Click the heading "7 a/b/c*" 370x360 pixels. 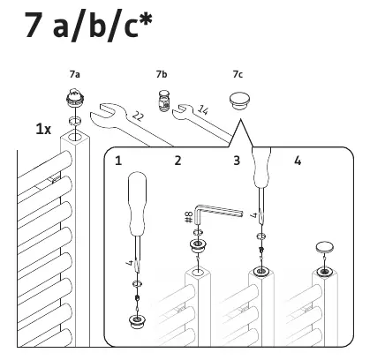coord(89,26)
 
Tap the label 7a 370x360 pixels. coord(75,74)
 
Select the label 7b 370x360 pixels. coord(162,74)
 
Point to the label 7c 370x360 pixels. coord(238,74)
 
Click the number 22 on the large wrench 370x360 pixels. coord(138,116)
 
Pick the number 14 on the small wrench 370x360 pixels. coord(203,109)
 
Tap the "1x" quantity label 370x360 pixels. coord(43,129)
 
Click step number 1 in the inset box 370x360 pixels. coord(118,161)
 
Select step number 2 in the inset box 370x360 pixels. coord(177,161)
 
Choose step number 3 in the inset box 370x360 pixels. coord(237,161)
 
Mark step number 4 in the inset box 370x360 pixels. coord(298,161)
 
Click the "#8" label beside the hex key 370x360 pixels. coord(189,217)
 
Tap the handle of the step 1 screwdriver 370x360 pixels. coord(138,204)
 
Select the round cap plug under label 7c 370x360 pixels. coord(239,101)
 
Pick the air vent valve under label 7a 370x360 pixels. coord(75,98)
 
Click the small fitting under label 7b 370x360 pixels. coord(163,101)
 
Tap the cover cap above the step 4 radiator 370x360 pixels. coord(325,247)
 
